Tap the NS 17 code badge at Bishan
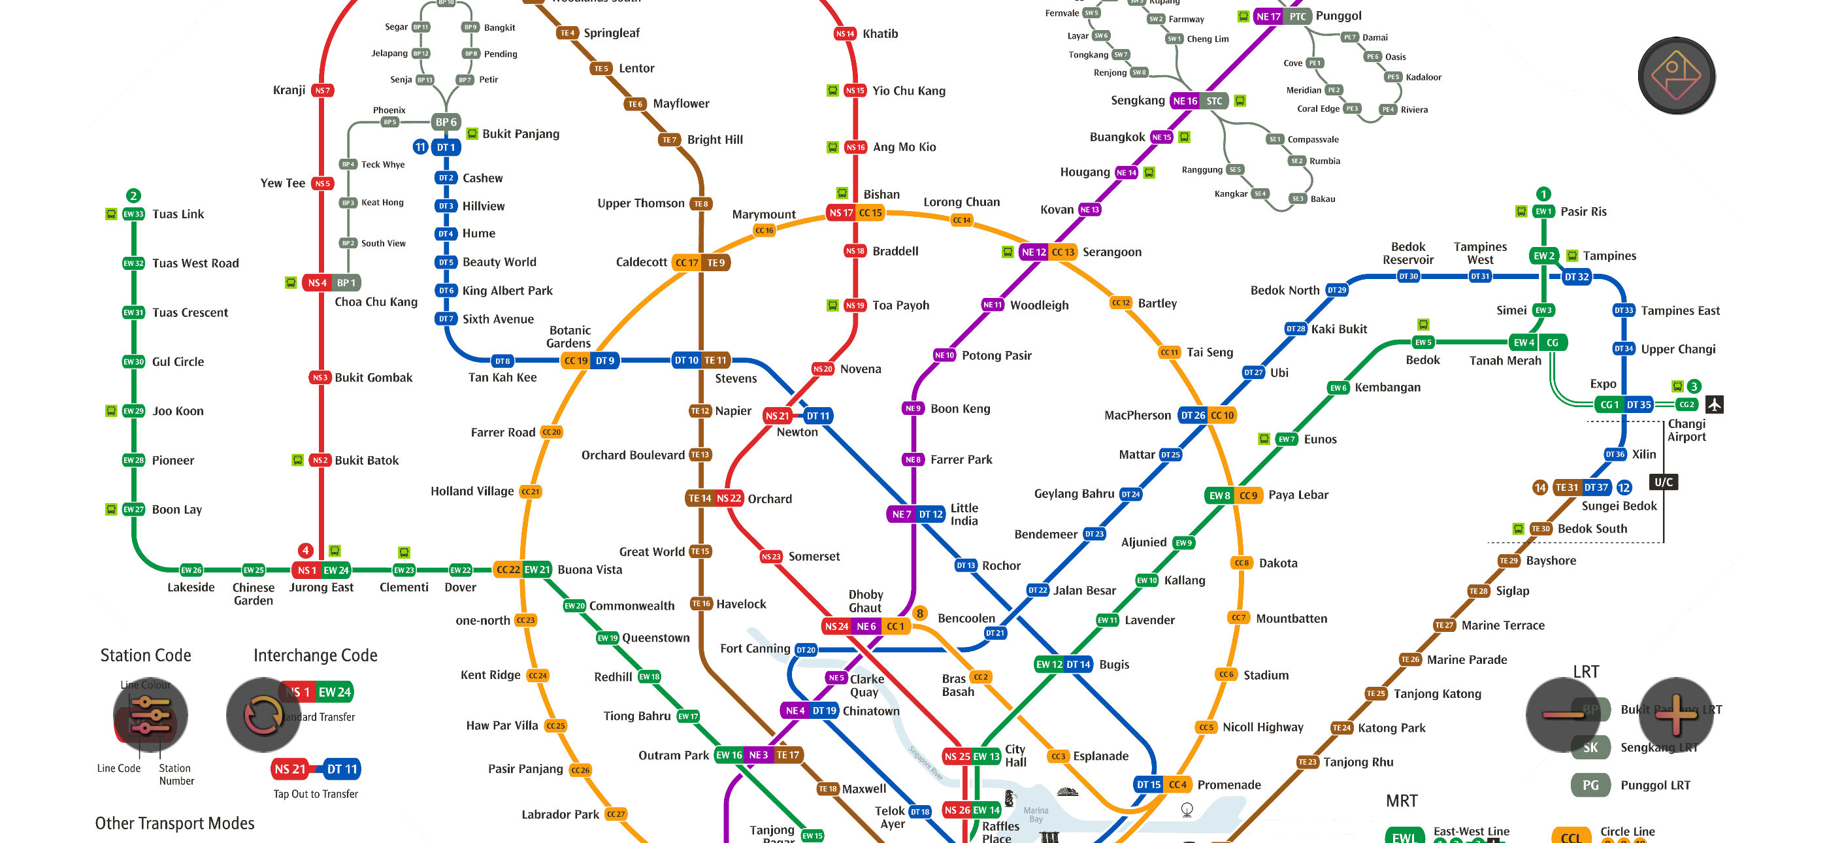tap(841, 213)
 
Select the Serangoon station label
tap(1111, 252)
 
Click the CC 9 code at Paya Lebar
tap(1248, 495)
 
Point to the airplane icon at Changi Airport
tap(1714, 405)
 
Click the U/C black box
tap(1663, 482)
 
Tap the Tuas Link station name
tap(178, 214)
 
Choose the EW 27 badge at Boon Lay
tap(133, 510)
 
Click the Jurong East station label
tap(321, 587)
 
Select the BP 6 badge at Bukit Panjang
tap(446, 122)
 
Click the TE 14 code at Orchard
tap(699, 499)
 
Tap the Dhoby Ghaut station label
tap(865, 601)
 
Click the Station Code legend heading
tap(146, 655)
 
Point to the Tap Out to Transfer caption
tap(316, 794)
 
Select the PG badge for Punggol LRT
tap(1590, 785)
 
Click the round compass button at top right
tap(1676, 76)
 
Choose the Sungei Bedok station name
tap(1619, 506)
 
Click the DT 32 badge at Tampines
tap(1576, 276)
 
